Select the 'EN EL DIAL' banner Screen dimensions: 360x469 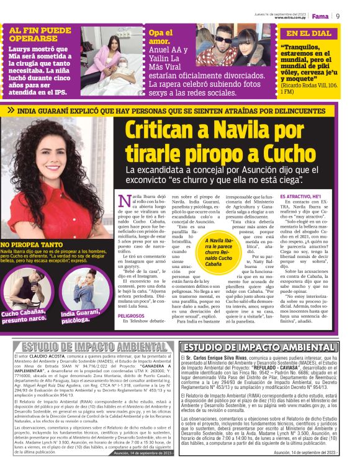point(308,33)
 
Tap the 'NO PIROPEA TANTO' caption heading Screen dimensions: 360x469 point(32,244)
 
